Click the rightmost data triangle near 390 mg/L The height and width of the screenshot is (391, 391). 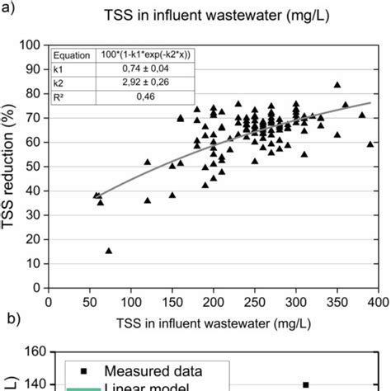click(x=370, y=144)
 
